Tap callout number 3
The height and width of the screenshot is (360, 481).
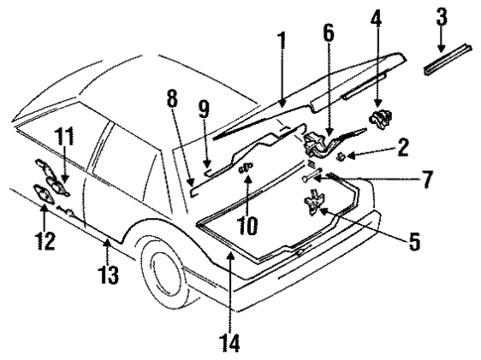(442, 18)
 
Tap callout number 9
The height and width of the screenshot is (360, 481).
(204, 109)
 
